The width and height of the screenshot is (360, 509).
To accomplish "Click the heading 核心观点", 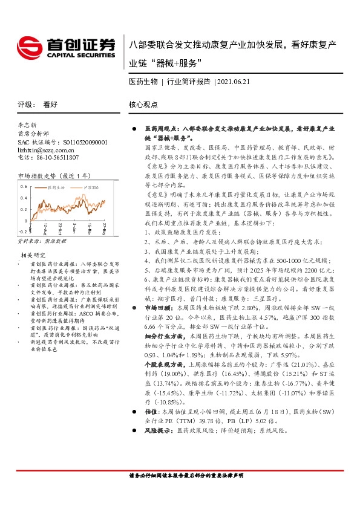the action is click(x=143, y=104).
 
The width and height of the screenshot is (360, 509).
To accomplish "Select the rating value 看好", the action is click(x=50, y=104).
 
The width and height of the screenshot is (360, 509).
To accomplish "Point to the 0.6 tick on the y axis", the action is click(x=23, y=187).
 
